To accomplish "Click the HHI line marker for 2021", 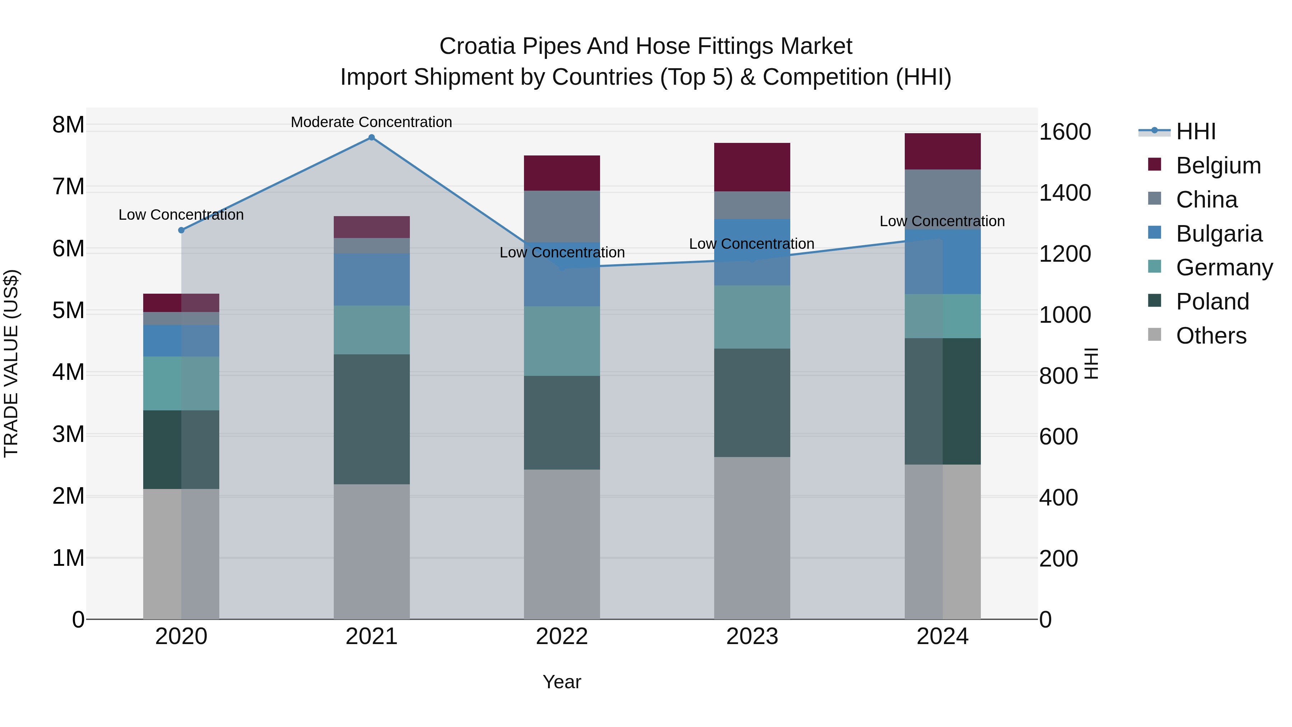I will click(372, 138).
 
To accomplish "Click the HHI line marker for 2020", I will click(182, 230).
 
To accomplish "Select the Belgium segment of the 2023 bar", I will click(752, 167).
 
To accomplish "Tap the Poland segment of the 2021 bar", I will click(372, 419).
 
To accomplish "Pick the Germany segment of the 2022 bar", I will click(562, 341).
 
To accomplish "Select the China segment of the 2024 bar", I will click(942, 199).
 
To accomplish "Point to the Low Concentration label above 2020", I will click(181, 215).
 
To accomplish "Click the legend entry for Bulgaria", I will click(1219, 234).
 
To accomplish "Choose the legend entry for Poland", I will click(1212, 302).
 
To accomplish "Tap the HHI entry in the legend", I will click(1196, 131).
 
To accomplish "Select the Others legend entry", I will click(1211, 336).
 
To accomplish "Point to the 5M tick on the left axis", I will click(68, 311).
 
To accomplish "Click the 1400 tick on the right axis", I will click(1065, 193).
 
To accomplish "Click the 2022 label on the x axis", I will click(562, 637).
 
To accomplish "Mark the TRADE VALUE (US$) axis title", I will click(11, 363).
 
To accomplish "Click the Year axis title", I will click(562, 682).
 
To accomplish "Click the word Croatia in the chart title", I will click(477, 46).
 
